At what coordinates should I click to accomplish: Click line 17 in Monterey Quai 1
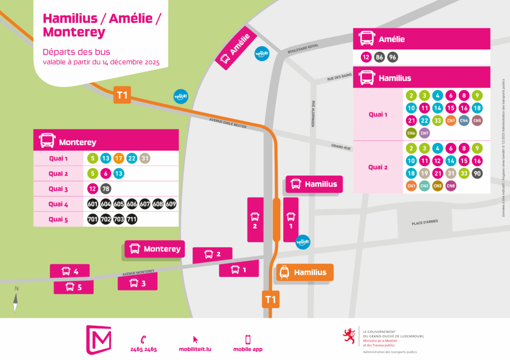[x=118, y=159]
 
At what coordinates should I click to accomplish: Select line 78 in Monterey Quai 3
[x=106, y=189]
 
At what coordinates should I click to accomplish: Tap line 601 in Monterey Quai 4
[x=92, y=204]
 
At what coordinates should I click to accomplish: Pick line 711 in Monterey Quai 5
[x=131, y=219]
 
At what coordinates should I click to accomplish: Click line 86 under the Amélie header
[x=380, y=57]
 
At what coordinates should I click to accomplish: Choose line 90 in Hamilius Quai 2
[x=477, y=173]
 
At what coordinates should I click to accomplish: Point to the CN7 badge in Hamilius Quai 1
[x=424, y=133]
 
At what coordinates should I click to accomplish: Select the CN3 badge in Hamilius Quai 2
[x=438, y=186]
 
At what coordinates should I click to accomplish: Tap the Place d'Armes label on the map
[x=424, y=222]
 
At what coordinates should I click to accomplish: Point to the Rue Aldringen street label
[x=312, y=114]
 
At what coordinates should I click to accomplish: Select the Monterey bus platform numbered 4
[x=70, y=271]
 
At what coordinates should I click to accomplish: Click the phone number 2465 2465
[x=143, y=349]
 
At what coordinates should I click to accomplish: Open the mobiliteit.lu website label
[x=195, y=349]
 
